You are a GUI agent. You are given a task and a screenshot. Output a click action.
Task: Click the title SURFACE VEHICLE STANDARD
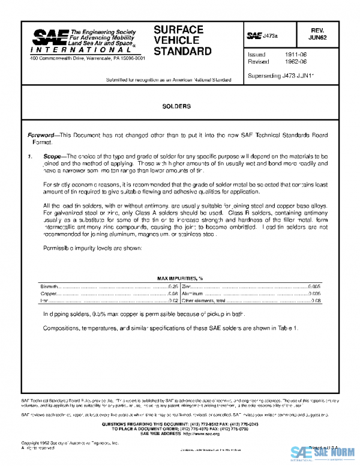click(x=182, y=40)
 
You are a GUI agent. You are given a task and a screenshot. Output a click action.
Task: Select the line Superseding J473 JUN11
click(x=281, y=76)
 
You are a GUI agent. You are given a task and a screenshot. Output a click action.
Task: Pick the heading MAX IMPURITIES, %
click(x=179, y=279)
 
